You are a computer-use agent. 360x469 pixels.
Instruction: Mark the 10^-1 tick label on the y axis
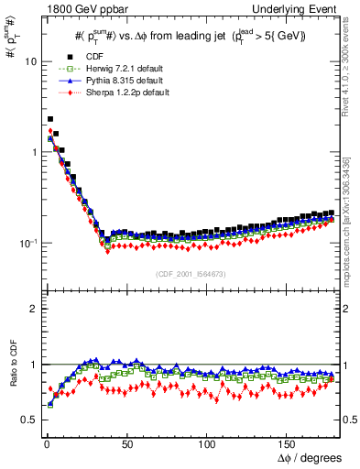pos(26,243)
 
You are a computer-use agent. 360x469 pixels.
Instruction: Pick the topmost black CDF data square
pos(49,119)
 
